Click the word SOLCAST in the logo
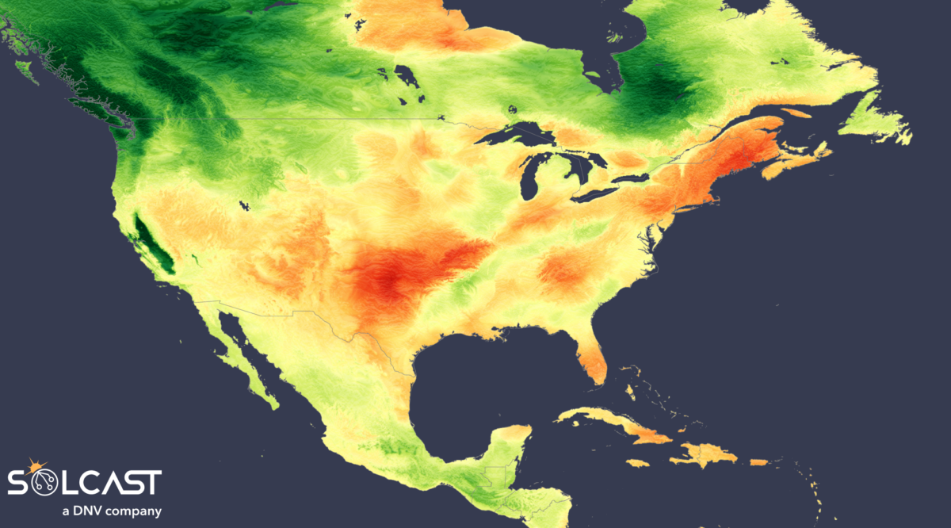[x=85, y=482]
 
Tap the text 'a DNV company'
[x=112, y=511]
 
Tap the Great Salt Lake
[x=244, y=206]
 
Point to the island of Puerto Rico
[x=758, y=462]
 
